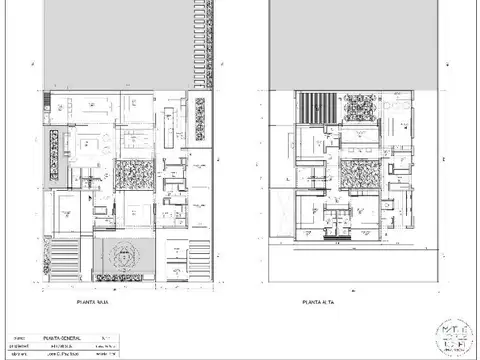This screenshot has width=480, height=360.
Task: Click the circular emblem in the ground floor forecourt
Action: click(125, 252)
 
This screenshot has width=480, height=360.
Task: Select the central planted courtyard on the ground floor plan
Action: click(132, 173)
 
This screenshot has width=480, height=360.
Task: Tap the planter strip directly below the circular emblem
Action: click(125, 275)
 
